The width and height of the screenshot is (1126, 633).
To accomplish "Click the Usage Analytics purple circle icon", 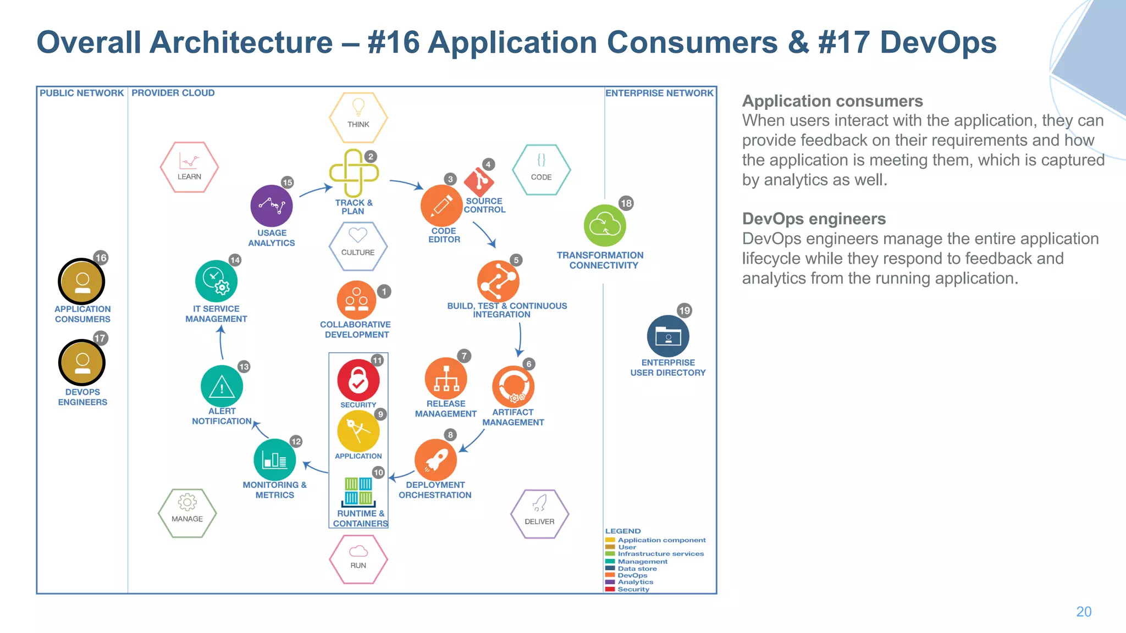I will (x=271, y=206).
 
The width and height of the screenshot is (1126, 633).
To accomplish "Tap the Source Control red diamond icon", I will (x=478, y=181).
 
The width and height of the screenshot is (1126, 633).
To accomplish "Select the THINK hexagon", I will (x=358, y=117).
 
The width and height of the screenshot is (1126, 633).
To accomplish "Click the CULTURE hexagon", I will (x=358, y=246).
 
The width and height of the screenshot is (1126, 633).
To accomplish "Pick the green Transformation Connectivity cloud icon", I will (x=605, y=226).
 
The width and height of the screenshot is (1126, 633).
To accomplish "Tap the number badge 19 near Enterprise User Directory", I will (x=684, y=310).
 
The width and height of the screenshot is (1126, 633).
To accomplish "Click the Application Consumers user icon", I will (x=82, y=281).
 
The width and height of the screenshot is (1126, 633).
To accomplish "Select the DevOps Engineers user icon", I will (x=82, y=363).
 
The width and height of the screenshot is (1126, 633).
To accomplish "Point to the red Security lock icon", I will (x=358, y=380).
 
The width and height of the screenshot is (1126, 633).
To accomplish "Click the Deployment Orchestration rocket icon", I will (x=435, y=460).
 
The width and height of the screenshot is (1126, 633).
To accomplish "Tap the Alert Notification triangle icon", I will (x=222, y=386).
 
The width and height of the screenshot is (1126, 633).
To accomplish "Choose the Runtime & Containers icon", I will (x=358, y=491).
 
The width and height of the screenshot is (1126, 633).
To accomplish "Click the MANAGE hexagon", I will (x=187, y=513).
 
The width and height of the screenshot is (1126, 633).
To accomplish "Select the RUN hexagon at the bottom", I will (x=358, y=559).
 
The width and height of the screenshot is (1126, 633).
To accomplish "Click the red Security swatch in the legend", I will (x=610, y=589).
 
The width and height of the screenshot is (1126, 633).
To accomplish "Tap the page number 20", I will (x=1083, y=612).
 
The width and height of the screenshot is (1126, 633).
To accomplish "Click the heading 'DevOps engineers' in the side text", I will (x=814, y=219).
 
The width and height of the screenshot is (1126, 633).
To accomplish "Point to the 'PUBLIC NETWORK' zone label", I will (x=82, y=93).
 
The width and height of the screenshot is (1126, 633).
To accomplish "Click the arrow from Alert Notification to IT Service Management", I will (x=221, y=343).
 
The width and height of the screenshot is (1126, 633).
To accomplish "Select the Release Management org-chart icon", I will (x=446, y=379).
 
